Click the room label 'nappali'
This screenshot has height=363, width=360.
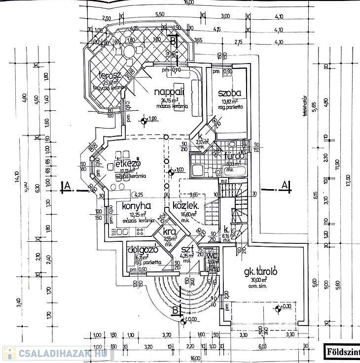point(169,92)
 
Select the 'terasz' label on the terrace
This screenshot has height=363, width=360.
point(110,75)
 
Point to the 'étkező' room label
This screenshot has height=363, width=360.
point(129,164)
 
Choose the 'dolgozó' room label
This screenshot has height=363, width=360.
point(143,249)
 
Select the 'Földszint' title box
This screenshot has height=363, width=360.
point(342,352)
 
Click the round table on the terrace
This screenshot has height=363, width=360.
point(129,51)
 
